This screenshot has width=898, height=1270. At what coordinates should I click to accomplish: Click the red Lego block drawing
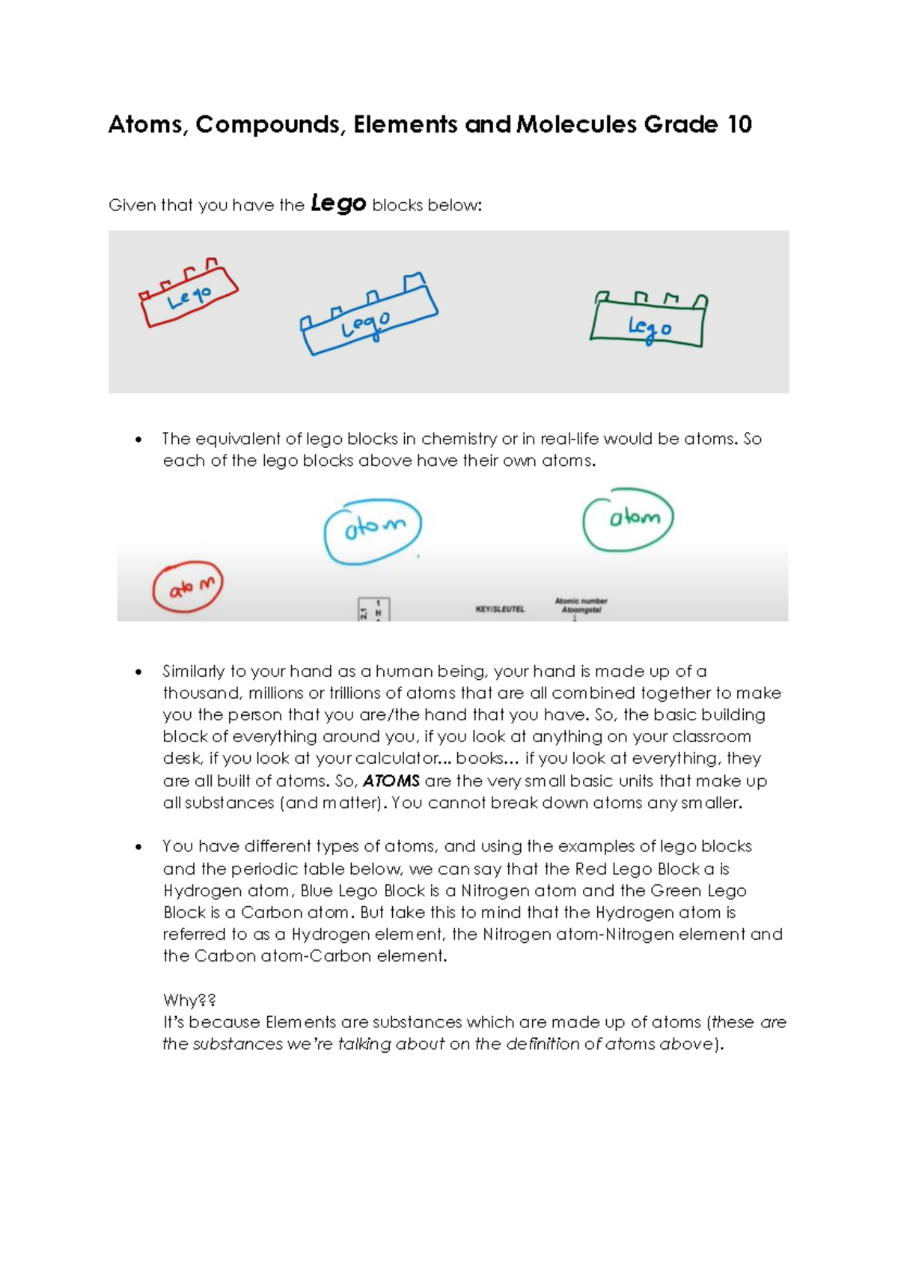coord(188,297)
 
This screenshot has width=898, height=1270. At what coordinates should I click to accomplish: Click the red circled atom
coord(188,587)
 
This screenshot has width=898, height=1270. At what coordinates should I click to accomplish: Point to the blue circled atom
coord(373,530)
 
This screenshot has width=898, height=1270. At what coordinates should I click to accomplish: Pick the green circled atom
coord(629,519)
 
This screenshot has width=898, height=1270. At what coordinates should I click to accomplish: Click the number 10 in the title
coord(739,124)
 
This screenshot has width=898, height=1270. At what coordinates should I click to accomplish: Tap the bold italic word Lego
coord(337,203)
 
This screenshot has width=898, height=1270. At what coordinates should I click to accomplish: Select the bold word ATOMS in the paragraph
coord(391,781)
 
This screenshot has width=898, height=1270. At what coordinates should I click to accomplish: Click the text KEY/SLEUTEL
coord(500,610)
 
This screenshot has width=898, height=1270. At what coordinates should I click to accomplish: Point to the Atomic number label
coord(581,601)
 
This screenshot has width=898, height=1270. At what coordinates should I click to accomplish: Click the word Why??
coord(189,1000)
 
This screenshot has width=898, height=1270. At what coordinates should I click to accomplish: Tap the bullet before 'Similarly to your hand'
coord(138,672)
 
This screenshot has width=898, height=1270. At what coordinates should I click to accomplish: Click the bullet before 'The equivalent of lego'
coord(138,440)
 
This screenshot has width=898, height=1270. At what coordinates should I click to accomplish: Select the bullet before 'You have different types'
coord(138,847)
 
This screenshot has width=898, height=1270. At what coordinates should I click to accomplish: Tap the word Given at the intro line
coord(130,205)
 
